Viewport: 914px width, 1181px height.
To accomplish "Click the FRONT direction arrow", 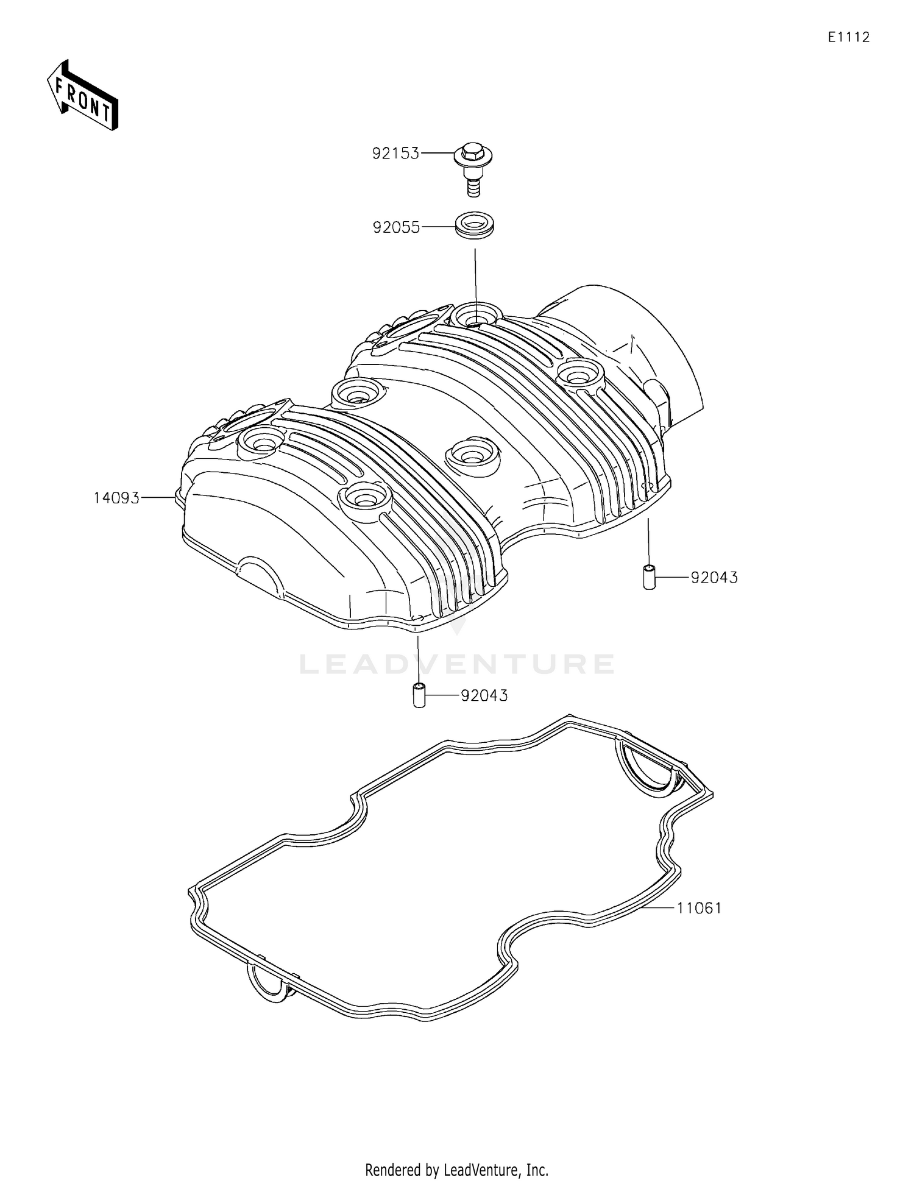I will click(82, 95).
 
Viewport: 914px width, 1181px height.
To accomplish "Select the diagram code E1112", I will click(848, 37).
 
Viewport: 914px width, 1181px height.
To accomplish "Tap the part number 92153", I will click(395, 154).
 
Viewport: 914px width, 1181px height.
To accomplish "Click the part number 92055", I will click(396, 227).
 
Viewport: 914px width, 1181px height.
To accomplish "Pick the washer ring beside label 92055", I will click(475, 224).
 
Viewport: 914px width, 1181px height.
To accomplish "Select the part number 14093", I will click(116, 498).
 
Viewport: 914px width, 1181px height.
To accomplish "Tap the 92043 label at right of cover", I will click(714, 577).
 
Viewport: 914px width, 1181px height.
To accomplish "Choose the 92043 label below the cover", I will click(484, 695).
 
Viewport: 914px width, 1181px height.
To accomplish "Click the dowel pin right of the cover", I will click(649, 577).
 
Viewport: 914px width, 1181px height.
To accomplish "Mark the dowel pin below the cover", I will click(419, 695).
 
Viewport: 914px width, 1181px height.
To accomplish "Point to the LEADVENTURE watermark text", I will click(457, 664).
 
